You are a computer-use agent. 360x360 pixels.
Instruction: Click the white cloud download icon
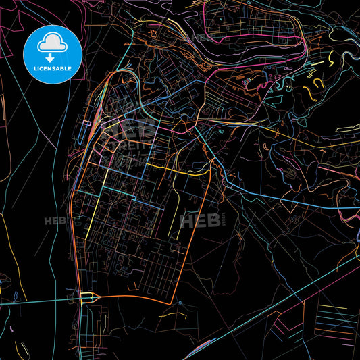point(52,45)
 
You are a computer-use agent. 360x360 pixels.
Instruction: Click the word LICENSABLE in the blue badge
point(52,70)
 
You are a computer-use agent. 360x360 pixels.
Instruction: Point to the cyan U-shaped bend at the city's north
point(128,78)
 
